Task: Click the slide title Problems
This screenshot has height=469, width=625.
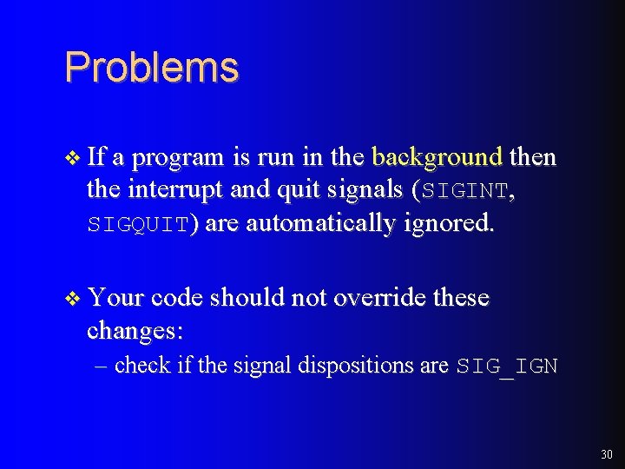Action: coord(151,68)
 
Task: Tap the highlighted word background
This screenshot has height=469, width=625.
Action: coord(437,157)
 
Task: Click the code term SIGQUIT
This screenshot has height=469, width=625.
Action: coord(137,224)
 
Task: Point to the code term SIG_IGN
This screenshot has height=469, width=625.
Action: coord(507,367)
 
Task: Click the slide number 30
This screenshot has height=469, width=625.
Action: coord(605,454)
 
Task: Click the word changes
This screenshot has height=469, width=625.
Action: coord(140,331)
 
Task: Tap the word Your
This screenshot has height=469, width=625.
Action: coord(115,298)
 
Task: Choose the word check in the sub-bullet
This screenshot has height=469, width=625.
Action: coord(142,366)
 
